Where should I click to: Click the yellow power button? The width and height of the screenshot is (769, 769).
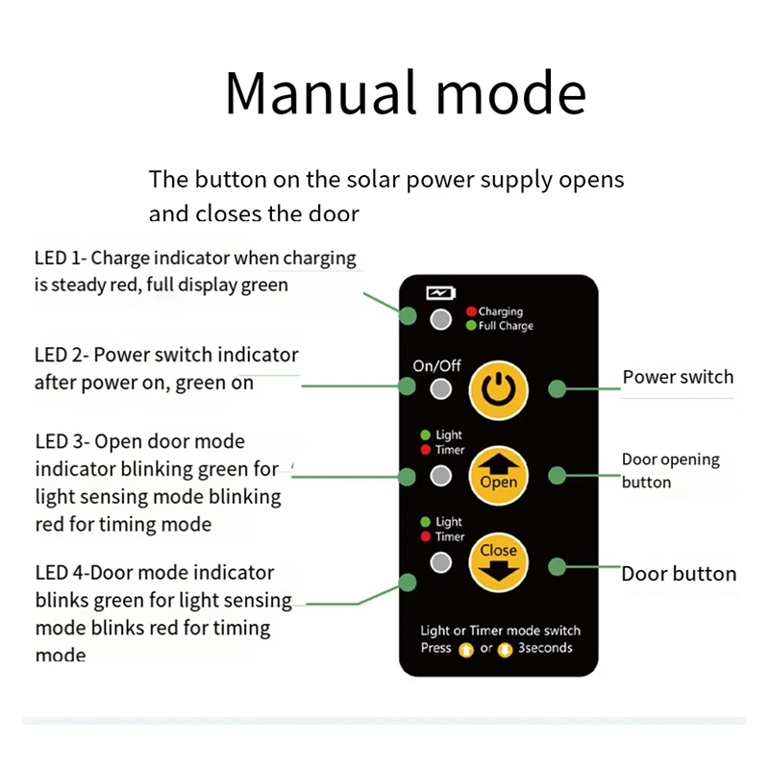(x=499, y=388)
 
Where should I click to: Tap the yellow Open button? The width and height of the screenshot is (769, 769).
(x=499, y=474)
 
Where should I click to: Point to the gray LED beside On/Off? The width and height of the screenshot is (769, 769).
(x=441, y=389)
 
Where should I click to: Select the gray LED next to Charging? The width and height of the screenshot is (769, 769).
(x=441, y=320)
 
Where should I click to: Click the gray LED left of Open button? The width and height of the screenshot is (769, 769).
(x=441, y=475)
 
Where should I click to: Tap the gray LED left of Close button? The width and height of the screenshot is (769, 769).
(x=441, y=562)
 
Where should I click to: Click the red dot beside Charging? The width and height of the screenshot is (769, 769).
(x=471, y=311)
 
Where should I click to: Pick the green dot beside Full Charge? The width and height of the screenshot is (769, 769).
(x=471, y=326)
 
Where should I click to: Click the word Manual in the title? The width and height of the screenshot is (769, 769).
(x=319, y=93)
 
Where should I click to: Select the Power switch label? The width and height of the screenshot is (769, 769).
(x=678, y=377)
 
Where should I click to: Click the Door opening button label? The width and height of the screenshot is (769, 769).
(x=670, y=470)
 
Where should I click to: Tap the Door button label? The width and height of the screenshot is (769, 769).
(x=679, y=574)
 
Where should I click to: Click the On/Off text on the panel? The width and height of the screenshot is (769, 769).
(x=436, y=365)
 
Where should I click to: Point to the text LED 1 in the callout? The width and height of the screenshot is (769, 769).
(x=56, y=259)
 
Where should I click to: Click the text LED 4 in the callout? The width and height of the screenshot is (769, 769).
(x=56, y=573)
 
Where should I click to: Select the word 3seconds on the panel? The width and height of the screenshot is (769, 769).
(x=545, y=648)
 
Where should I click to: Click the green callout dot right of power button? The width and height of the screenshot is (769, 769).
(x=557, y=388)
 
